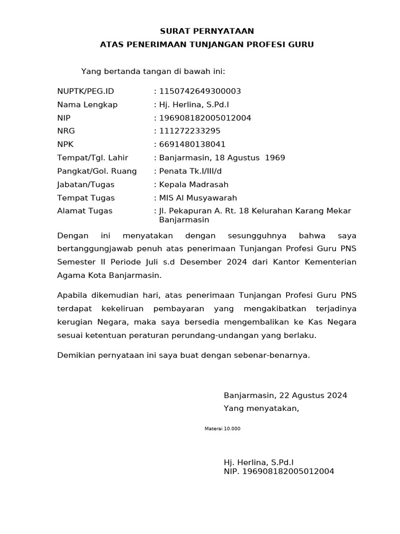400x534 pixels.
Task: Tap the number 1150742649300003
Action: [200, 91]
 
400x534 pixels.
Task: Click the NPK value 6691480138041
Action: [192, 144]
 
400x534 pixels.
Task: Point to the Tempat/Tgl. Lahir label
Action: [92, 157]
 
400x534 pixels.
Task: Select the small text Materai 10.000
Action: [223, 429]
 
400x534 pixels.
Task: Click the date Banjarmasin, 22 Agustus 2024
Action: [285, 395]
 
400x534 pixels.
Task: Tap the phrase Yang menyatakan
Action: [261, 408]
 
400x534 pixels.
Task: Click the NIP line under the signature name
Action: [279, 471]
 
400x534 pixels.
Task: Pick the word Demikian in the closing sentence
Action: [74, 355]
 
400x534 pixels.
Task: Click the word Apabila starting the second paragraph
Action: [72, 295]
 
